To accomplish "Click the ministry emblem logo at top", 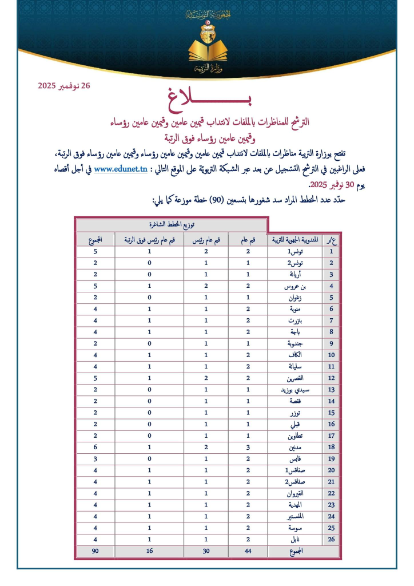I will pos(206,43).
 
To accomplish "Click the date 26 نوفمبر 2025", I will pos(64,86).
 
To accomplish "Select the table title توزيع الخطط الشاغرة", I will pos(172,225).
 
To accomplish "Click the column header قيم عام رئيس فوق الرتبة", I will pos(149,239).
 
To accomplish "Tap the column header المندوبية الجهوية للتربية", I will pos(296,239).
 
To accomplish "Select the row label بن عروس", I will pos(292,286).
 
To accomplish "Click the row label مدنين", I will pos(293,447).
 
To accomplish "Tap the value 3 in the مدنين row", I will pos(248,447).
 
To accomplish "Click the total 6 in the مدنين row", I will pos(95,447).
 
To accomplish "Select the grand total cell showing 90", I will pos(95,551).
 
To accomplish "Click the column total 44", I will pos(248,551).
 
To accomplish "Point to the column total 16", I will pos(149,551).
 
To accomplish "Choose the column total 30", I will pos(206,551).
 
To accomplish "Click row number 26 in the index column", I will pos(331,539).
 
